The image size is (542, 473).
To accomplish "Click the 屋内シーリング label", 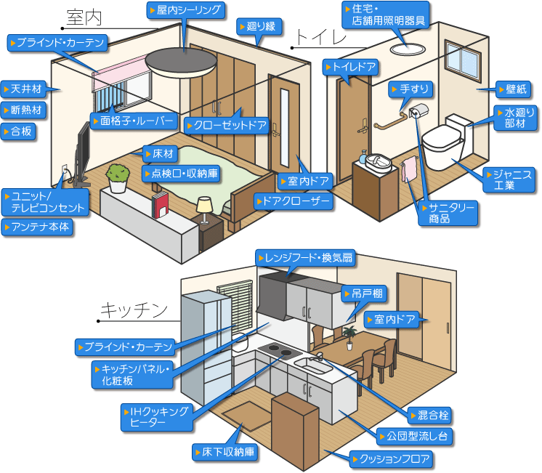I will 185,10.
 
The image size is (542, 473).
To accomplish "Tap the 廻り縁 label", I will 256,27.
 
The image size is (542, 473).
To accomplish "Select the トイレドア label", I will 352,68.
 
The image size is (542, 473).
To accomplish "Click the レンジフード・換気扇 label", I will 305,257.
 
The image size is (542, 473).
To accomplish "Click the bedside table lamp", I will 204,206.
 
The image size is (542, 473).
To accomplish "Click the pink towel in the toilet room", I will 409,169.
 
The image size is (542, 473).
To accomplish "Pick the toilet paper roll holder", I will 418,111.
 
